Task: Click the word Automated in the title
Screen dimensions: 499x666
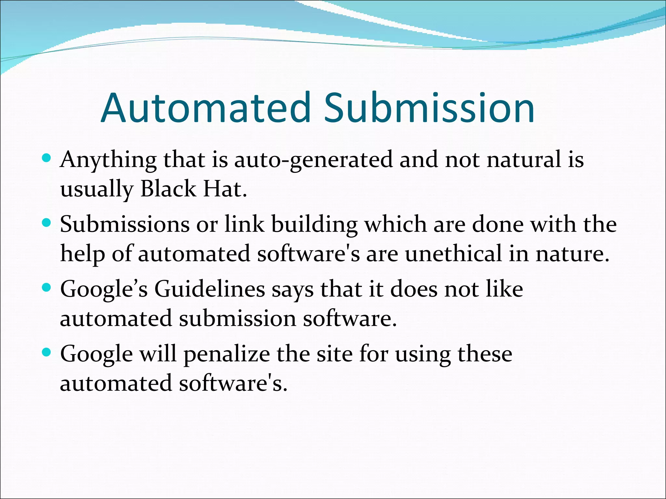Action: pos(206,108)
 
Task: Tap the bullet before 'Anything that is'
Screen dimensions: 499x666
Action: pos(47,159)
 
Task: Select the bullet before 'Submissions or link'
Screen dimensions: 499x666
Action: pos(47,223)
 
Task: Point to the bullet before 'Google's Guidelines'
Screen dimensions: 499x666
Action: pos(47,288)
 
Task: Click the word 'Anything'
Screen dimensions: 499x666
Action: pos(108,160)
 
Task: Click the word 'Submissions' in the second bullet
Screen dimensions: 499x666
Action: pos(125,225)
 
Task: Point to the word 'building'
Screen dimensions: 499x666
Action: pos(314,225)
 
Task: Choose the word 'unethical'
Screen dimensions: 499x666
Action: pos(453,254)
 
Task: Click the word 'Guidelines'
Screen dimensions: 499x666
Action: pos(210,289)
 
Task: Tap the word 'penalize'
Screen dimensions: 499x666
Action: pos(227,354)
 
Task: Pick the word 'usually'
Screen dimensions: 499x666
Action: pos(97,189)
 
